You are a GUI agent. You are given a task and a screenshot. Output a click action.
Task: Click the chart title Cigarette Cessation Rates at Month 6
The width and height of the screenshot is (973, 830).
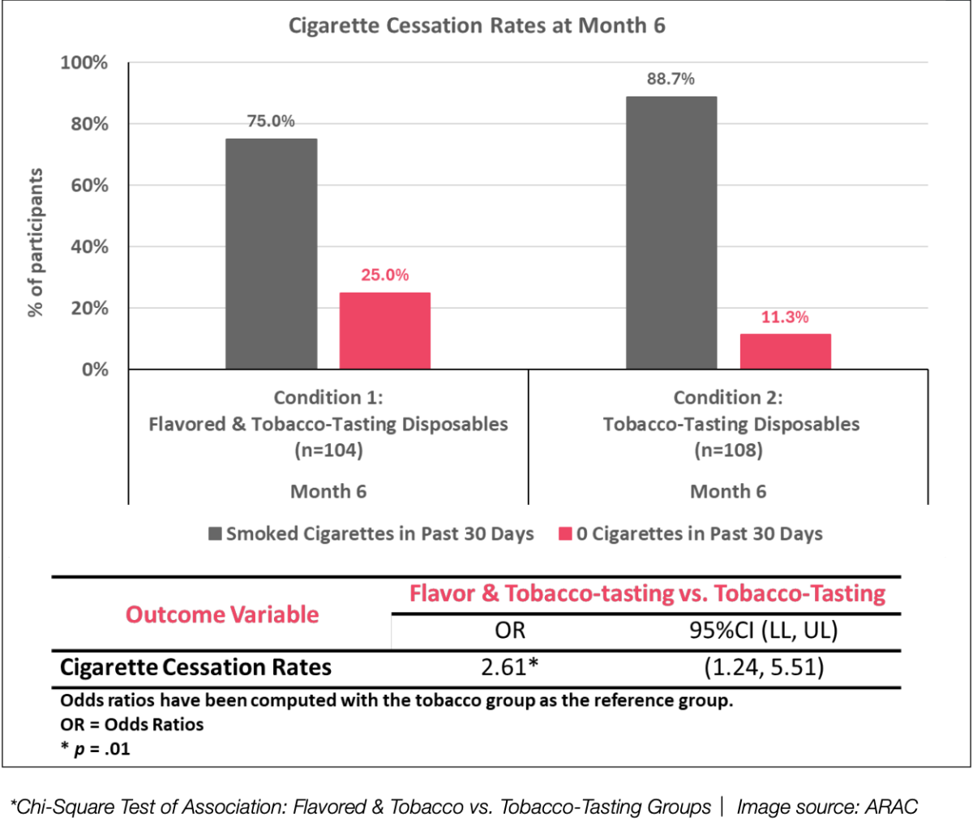tap(477, 26)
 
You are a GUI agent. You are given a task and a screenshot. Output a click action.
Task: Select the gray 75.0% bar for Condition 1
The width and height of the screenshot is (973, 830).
tap(272, 254)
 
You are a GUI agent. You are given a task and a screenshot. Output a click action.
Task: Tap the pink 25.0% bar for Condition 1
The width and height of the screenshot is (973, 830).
tap(384, 331)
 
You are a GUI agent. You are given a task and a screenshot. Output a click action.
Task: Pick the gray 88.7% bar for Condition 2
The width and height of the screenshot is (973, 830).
tap(671, 233)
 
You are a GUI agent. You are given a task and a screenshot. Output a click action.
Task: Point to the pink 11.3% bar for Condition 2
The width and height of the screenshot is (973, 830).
tap(785, 352)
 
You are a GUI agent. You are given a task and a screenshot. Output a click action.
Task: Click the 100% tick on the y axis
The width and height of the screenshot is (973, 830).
tap(84, 63)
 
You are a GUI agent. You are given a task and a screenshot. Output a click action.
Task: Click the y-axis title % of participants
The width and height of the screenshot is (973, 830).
tap(36, 243)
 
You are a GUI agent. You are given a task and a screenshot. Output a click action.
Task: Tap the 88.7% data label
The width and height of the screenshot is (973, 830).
tap(671, 79)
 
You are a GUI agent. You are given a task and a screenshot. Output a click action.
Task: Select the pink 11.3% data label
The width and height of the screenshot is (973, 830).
tap(785, 317)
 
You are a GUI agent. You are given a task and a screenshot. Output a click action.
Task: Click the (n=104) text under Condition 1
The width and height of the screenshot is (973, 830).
tap(328, 450)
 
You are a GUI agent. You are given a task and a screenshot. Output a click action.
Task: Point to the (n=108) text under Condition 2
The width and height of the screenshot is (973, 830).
tap(727, 450)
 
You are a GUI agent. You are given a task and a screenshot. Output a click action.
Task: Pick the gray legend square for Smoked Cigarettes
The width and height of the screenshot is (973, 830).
tap(215, 534)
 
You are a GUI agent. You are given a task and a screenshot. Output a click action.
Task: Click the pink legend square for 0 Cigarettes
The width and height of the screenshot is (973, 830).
tap(565, 534)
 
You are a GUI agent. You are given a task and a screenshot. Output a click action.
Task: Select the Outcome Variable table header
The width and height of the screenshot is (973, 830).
tap(222, 614)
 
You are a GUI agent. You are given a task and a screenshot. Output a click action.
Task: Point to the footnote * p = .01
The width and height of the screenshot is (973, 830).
tap(96, 749)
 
